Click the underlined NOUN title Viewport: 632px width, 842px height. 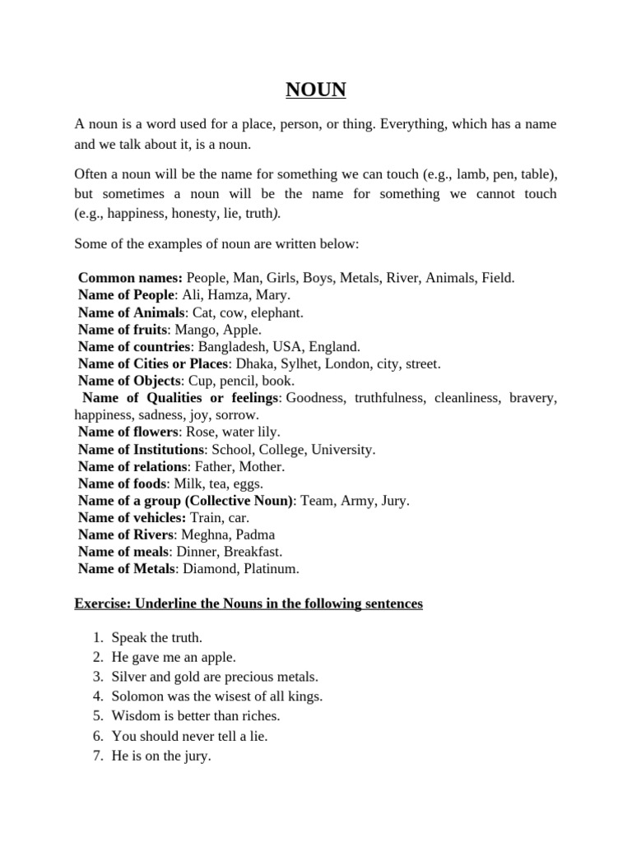(x=316, y=89)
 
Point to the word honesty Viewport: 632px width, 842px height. (x=185, y=212)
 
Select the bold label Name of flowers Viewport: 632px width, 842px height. (x=128, y=432)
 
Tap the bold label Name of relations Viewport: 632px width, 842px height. (x=132, y=466)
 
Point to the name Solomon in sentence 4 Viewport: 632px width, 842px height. (x=137, y=696)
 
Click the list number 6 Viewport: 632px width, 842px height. (x=96, y=735)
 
